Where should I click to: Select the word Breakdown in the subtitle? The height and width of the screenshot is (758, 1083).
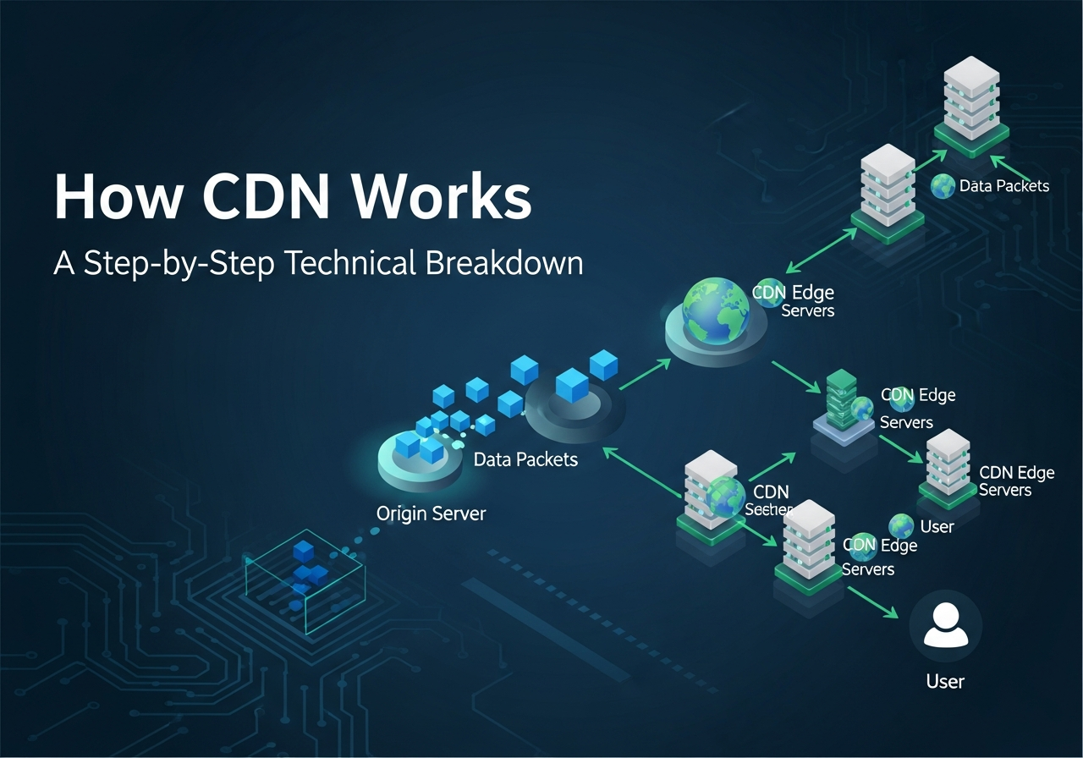pos(504,263)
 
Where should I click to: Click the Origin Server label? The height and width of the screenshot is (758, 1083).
pos(432,514)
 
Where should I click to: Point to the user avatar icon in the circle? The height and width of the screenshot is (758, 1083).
pos(945,628)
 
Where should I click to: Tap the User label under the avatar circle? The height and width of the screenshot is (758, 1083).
pos(945,681)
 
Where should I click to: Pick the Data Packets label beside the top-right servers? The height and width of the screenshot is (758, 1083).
pos(1004,186)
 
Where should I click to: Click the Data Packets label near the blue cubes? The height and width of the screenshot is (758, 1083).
pos(525,459)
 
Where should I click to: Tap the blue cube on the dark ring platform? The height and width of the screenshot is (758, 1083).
pos(573,385)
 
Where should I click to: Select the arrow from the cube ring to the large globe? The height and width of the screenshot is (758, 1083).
pos(646,373)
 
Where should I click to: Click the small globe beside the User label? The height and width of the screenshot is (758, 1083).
pos(901,526)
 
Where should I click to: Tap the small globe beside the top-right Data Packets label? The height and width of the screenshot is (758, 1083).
pos(943,186)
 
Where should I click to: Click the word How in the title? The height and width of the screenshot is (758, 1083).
pos(117,198)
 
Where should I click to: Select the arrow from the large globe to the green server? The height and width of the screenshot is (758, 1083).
pos(795,377)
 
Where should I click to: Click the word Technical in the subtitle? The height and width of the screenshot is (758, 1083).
pos(348,263)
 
